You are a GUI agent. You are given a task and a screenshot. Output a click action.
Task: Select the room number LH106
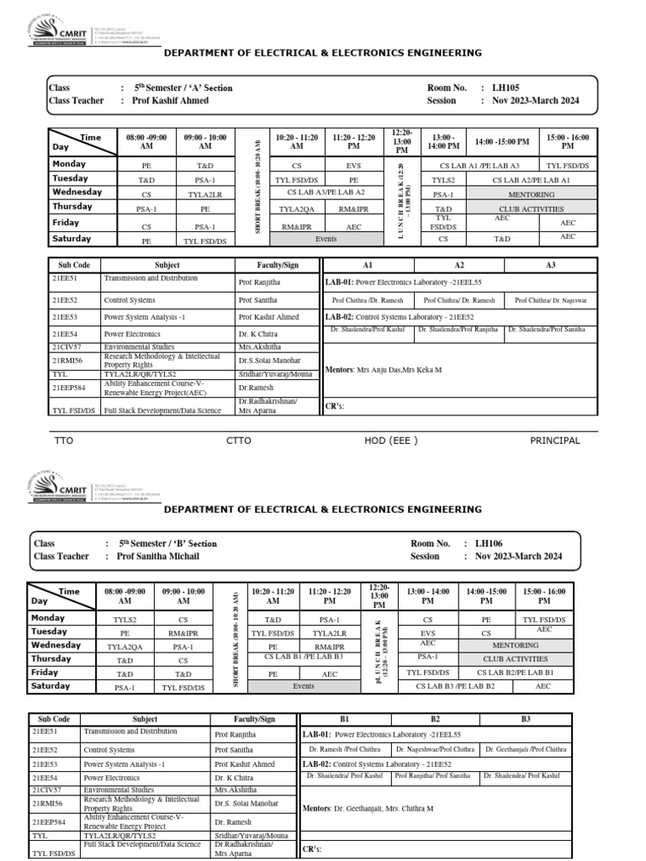pyautogui.click(x=490, y=544)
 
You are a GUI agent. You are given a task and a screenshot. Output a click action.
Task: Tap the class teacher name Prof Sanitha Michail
pyautogui.click(x=159, y=557)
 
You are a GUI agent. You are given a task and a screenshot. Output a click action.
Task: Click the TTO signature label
pyautogui.click(x=64, y=441)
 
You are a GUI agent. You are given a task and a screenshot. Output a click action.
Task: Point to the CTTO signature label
pyautogui.click(x=239, y=441)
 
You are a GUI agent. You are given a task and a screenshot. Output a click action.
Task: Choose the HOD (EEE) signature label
pyautogui.click(x=391, y=441)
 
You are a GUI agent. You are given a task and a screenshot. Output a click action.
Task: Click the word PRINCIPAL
pyautogui.click(x=554, y=441)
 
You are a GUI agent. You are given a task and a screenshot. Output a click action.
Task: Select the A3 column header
pyautogui.click(x=551, y=265)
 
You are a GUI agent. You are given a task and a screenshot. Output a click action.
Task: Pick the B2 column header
pyautogui.click(x=435, y=720)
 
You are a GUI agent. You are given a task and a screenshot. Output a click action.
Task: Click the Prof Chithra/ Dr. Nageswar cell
pyautogui.click(x=551, y=300)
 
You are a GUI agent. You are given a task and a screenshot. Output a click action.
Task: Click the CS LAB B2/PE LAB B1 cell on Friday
pyautogui.click(x=515, y=673)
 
